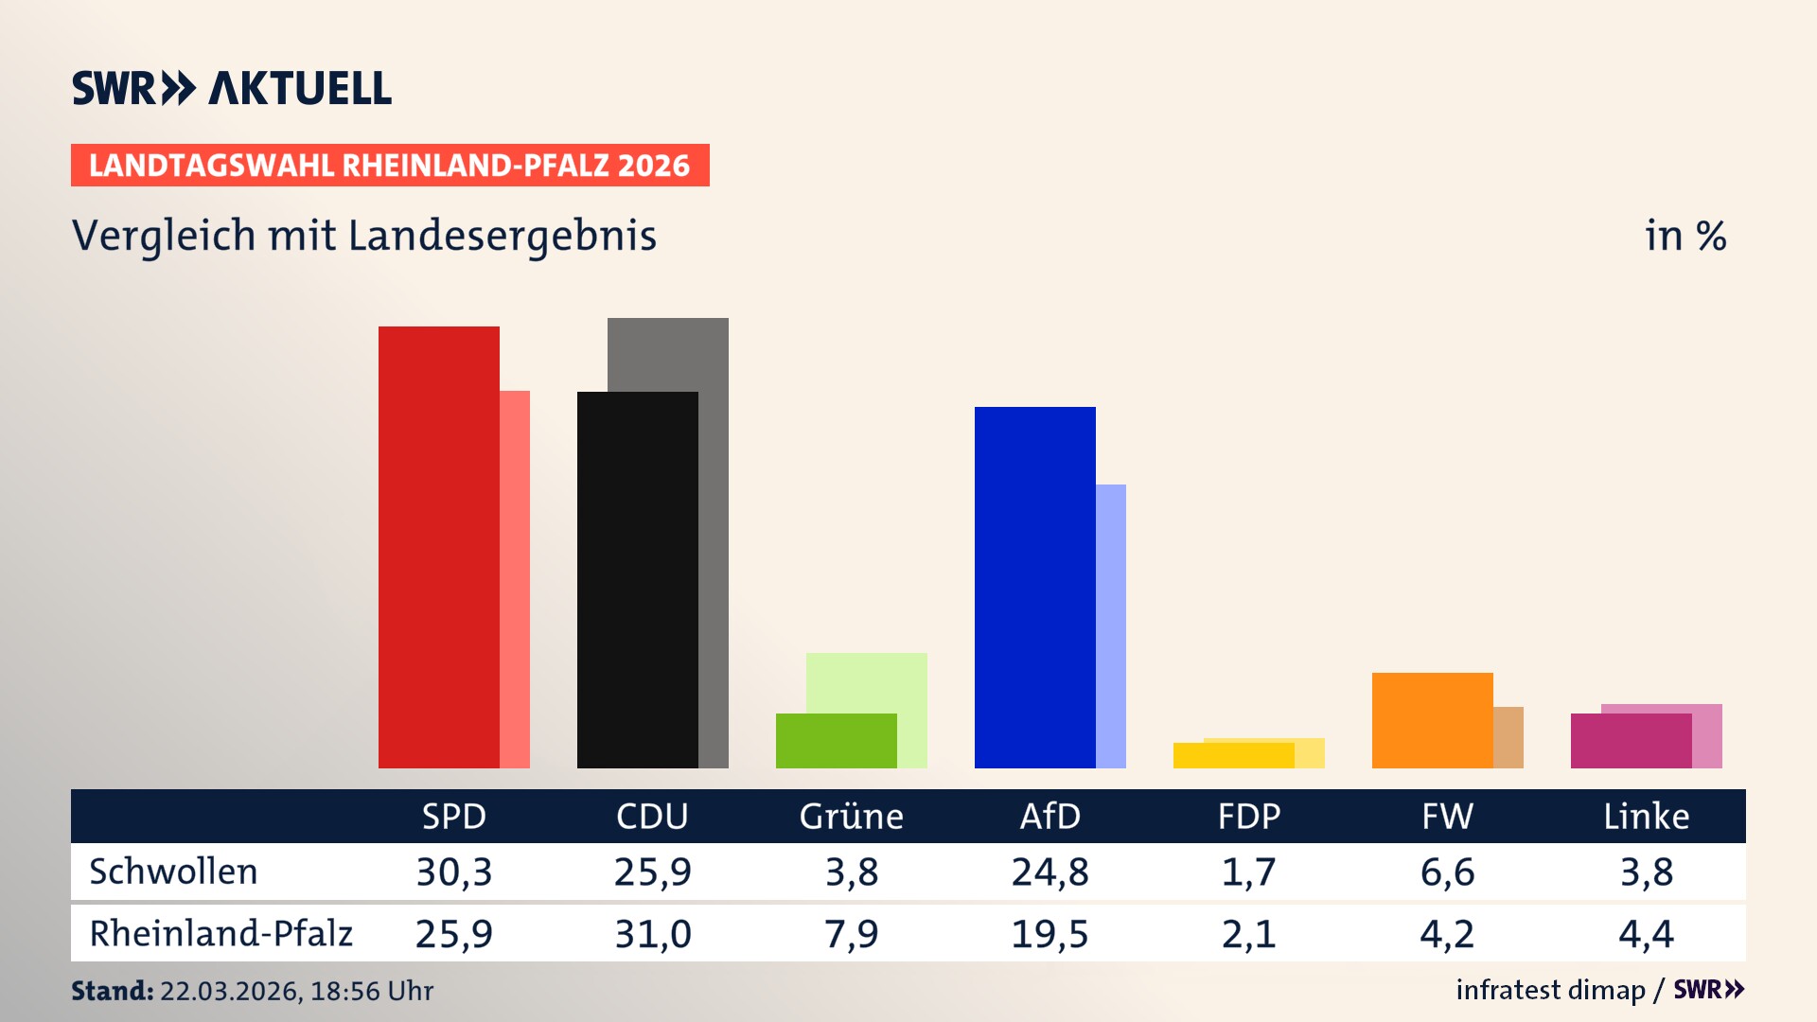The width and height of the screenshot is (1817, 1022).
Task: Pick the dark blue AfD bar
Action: click(x=1034, y=587)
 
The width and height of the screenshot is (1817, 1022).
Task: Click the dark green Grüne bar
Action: click(x=836, y=741)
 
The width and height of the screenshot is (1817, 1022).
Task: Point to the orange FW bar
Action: click(x=1432, y=720)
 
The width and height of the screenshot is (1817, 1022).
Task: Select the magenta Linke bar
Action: click(x=1631, y=741)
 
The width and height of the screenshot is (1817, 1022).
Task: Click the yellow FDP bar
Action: click(x=1233, y=755)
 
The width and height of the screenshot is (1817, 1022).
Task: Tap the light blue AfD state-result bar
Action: click(x=1111, y=625)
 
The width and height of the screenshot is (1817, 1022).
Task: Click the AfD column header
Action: click(x=1050, y=816)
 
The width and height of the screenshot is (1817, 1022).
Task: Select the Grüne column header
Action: click(x=851, y=816)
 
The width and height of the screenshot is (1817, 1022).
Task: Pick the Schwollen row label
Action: click(x=173, y=872)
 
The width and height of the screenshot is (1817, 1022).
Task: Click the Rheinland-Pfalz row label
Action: click(x=221, y=933)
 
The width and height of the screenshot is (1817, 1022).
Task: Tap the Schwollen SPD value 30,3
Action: click(x=454, y=872)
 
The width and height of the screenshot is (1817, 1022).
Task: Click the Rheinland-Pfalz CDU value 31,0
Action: click(x=653, y=934)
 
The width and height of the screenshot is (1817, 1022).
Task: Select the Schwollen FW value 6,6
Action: click(x=1447, y=872)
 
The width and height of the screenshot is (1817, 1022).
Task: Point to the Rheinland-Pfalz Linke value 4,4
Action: click(x=1646, y=934)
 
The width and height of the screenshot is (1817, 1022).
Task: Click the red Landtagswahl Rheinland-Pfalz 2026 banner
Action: click(x=390, y=166)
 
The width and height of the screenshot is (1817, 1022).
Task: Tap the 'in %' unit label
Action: click(x=1685, y=236)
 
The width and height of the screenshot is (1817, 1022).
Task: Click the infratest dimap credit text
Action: click(x=1550, y=990)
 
